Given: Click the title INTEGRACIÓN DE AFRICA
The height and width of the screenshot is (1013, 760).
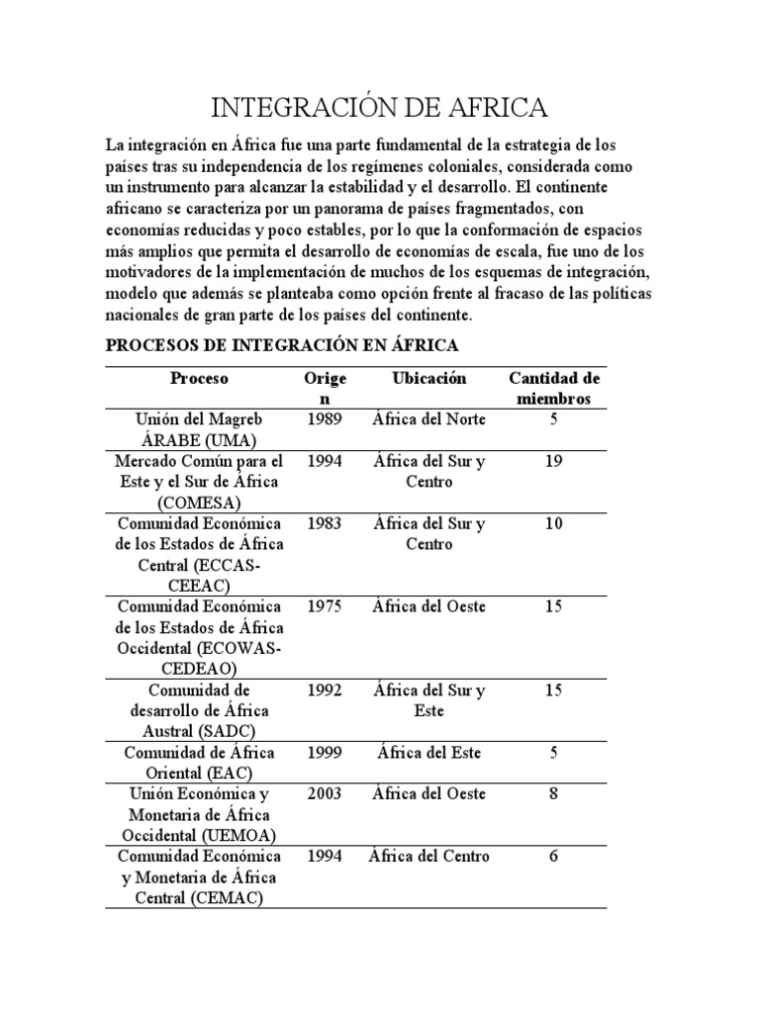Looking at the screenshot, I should pyautogui.click(x=380, y=107).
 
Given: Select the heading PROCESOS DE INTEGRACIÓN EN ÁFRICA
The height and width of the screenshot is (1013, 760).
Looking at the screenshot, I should pyautogui.click(x=282, y=346).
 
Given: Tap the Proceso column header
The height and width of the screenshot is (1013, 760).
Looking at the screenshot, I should pyautogui.click(x=199, y=379).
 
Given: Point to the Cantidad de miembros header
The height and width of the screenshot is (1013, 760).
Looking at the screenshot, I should pyautogui.click(x=554, y=389).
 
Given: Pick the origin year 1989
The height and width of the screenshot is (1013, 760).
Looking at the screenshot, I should pyautogui.click(x=325, y=419).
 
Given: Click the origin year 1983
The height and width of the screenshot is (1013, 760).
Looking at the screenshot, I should pyautogui.click(x=325, y=523).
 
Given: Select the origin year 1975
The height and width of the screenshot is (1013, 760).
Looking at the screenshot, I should pyautogui.click(x=325, y=606).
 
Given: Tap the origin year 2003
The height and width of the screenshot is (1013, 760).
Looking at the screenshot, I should pyautogui.click(x=325, y=793).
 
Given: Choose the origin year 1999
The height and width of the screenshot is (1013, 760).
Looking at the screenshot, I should pyautogui.click(x=325, y=753).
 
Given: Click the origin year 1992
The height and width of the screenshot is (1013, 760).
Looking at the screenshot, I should pyautogui.click(x=325, y=690).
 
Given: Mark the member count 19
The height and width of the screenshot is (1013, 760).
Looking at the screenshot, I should pyautogui.click(x=554, y=461).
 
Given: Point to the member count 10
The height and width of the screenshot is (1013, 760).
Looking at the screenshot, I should pyautogui.click(x=554, y=523).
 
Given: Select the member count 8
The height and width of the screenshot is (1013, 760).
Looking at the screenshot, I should pyautogui.click(x=554, y=793).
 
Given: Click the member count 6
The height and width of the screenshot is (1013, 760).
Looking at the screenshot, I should pyautogui.click(x=554, y=856).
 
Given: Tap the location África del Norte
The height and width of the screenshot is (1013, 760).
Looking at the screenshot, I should pyautogui.click(x=428, y=419).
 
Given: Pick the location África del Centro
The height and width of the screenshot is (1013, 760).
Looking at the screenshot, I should pyautogui.click(x=428, y=856).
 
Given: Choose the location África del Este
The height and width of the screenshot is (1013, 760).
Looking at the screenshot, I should pyautogui.click(x=428, y=753).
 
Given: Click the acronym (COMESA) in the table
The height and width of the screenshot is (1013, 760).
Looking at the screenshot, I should pyautogui.click(x=199, y=502).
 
